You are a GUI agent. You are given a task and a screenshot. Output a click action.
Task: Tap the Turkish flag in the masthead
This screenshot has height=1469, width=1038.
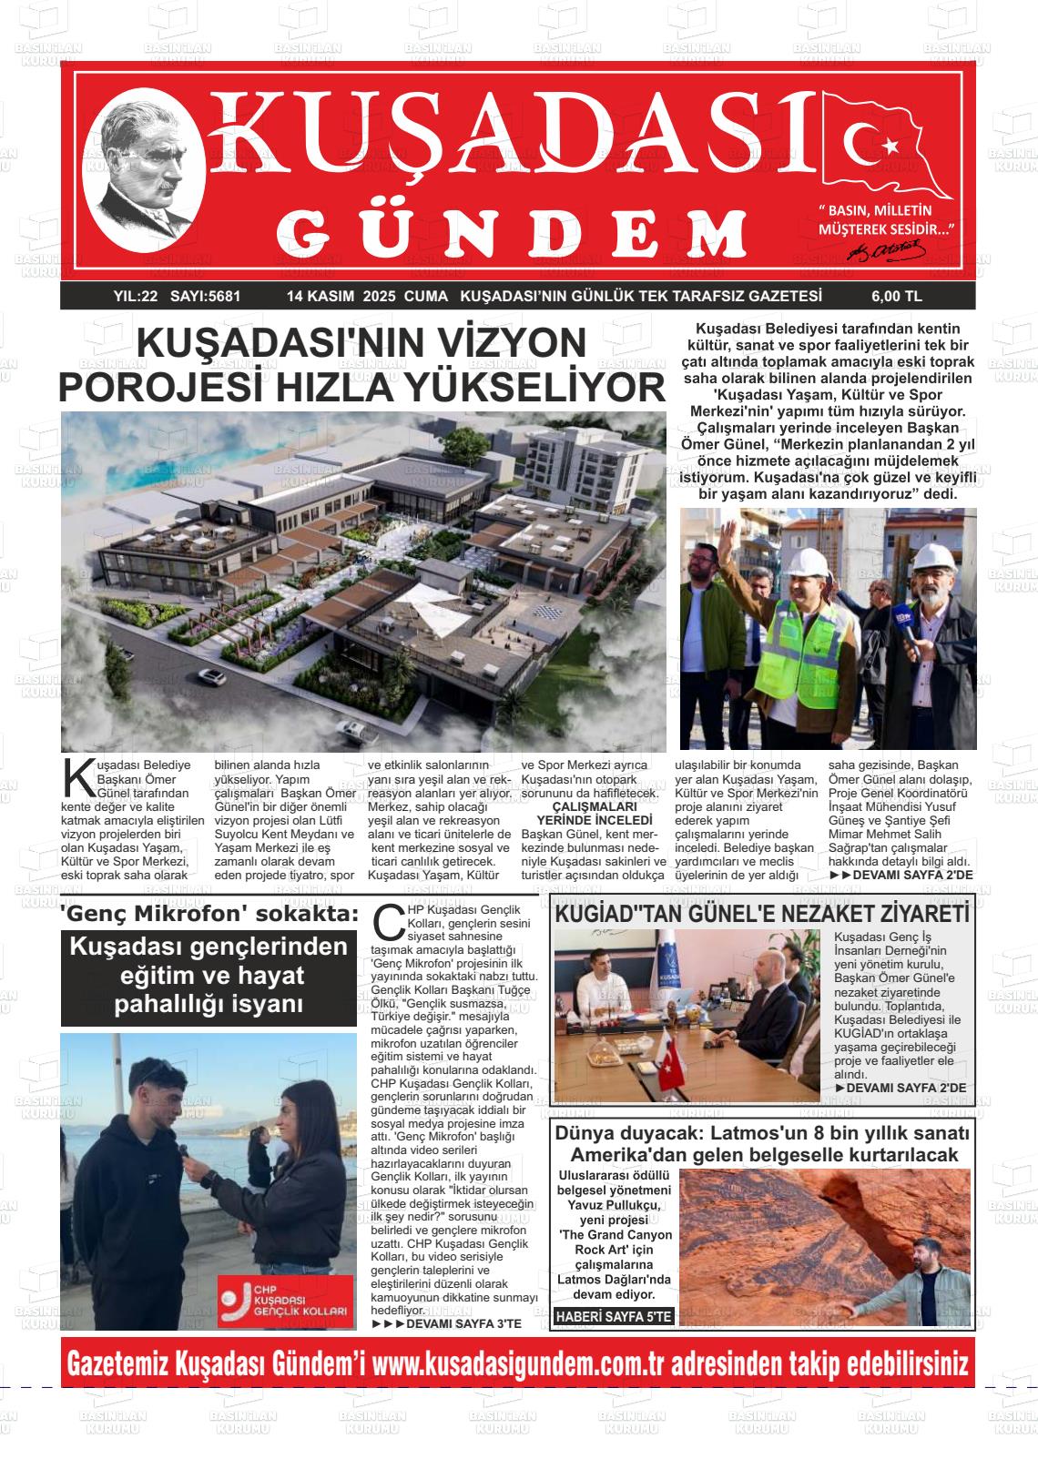pos(884,145)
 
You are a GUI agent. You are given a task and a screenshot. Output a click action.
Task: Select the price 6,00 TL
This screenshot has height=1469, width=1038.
pos(896,296)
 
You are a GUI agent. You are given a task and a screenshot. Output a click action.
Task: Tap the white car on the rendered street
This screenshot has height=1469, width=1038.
pos(207,676)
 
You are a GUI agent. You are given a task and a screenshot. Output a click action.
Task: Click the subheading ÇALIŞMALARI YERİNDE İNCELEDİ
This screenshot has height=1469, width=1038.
pos(594,813)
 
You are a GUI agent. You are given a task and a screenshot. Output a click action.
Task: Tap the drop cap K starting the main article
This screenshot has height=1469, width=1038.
pos(76,775)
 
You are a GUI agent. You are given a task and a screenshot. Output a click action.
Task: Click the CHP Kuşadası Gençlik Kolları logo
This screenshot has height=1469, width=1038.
pos(285,1301)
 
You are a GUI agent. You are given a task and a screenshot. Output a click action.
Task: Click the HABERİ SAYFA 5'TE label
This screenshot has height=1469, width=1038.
pos(614,1316)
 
